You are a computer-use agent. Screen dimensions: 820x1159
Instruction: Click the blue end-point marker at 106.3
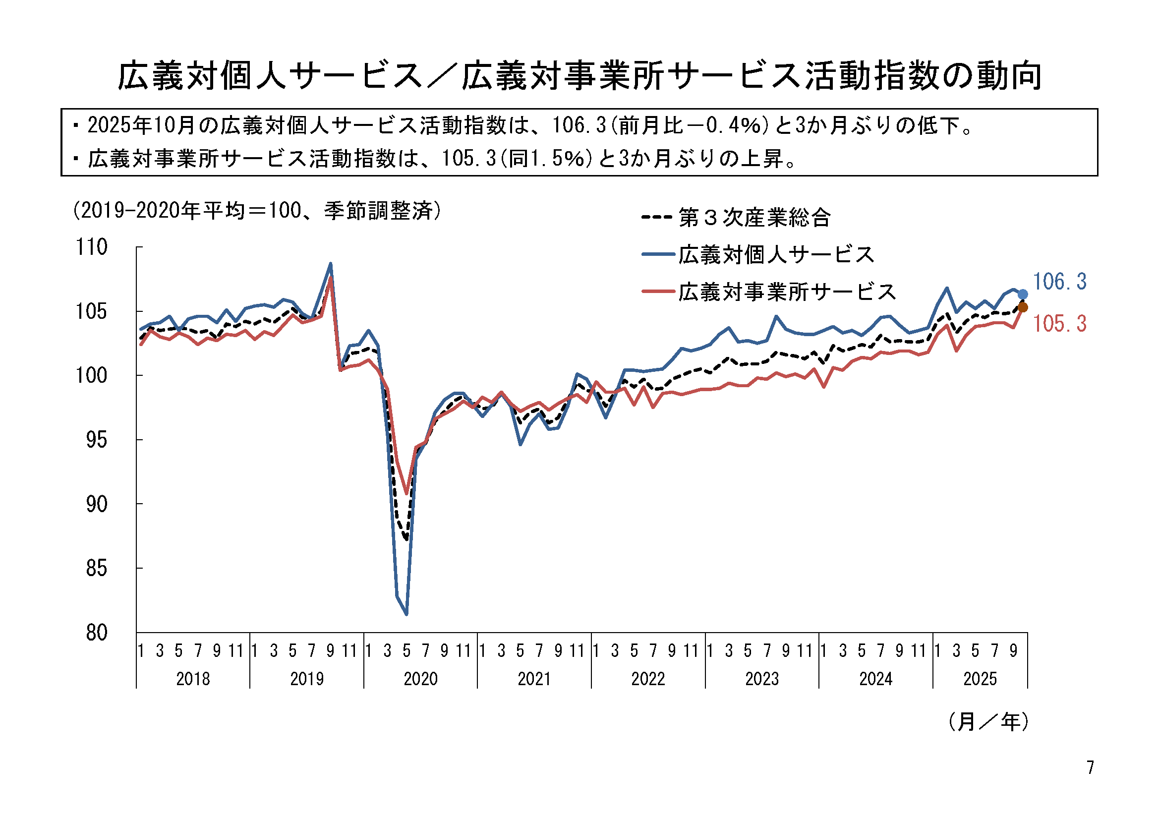click(x=1023, y=294)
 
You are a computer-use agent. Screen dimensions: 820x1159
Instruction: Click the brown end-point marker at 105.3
click(x=1023, y=307)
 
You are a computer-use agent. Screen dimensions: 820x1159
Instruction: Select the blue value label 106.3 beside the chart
click(x=1059, y=282)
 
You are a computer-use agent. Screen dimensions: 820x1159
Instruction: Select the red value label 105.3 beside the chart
click(x=1059, y=324)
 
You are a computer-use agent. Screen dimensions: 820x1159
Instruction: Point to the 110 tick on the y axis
click(x=91, y=247)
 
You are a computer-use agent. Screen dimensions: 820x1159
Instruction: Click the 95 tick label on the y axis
click(x=96, y=440)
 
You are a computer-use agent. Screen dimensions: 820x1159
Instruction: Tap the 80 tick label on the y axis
click(x=96, y=633)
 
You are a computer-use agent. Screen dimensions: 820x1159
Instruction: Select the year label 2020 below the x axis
click(x=420, y=679)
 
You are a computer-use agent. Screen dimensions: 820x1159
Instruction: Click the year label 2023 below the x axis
click(x=762, y=679)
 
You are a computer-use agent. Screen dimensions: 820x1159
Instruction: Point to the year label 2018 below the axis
click(x=193, y=679)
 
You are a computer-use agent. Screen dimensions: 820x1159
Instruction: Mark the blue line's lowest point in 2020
click(x=406, y=614)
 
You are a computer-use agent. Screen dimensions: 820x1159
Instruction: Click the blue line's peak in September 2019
click(x=331, y=263)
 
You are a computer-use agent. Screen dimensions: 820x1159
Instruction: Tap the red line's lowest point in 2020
click(x=406, y=493)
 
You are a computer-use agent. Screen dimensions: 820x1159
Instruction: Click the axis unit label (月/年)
click(x=988, y=721)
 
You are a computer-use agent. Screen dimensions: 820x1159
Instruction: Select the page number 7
click(x=1091, y=767)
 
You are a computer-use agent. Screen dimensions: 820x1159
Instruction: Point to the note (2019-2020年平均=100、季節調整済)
click(x=257, y=211)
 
